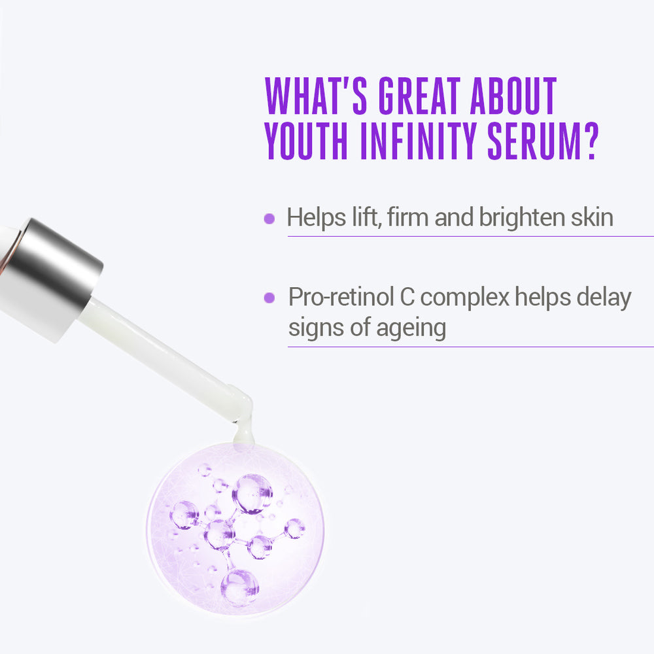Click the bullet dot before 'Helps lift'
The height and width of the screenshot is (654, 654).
coord(269,218)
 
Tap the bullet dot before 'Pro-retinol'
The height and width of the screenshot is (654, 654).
coord(269,298)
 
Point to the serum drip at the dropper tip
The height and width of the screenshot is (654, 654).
coord(241,428)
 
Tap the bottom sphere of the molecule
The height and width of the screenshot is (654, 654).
coord(240,587)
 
